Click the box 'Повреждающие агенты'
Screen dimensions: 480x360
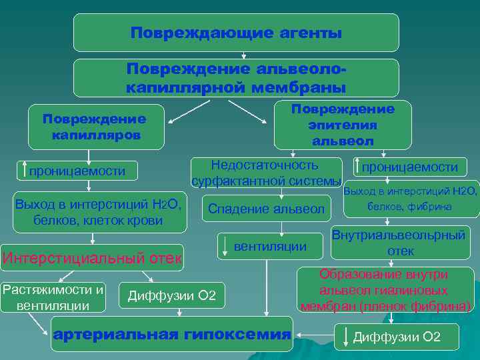click(236, 33)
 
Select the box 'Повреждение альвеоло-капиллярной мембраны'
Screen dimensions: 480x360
click(236, 78)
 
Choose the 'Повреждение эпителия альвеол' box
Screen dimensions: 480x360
click(343, 125)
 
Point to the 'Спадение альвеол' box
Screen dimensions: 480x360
click(266, 209)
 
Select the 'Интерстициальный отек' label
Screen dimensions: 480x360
click(92, 257)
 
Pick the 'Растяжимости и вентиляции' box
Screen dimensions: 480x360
click(53, 297)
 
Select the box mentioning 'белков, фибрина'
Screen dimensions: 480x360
click(411, 199)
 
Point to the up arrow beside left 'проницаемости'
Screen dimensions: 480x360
click(25, 171)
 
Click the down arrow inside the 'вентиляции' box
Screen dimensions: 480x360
click(226, 247)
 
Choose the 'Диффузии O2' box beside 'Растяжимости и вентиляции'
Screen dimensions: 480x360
click(171, 295)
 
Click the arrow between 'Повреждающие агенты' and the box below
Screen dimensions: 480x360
click(244, 55)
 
